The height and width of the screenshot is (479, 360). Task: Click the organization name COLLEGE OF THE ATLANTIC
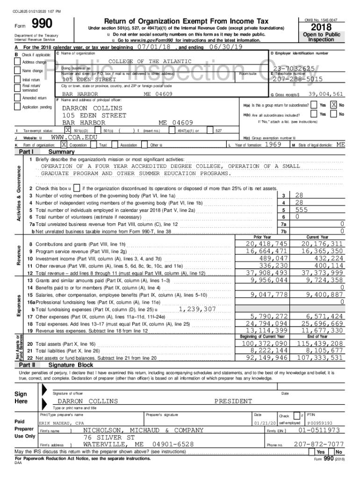150,62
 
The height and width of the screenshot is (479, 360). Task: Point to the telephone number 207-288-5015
296,79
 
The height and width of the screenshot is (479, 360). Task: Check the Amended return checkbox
18,98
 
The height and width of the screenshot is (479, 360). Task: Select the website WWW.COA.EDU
70,138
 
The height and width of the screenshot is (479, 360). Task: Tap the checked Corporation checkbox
64,145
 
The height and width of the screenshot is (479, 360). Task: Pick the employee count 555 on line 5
302,210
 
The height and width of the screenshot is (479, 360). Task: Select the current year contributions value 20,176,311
323,244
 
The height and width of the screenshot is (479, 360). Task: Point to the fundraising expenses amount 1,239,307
197,309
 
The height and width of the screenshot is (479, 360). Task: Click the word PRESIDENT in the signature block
233,401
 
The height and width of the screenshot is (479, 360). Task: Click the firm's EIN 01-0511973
319,430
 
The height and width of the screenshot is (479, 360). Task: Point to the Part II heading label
27,365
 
